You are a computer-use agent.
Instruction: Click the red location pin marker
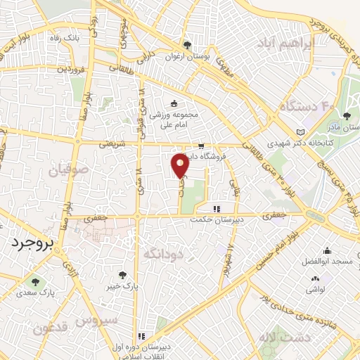pyautogui.click(x=180, y=165)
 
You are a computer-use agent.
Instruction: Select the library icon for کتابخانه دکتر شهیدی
pyautogui.click(x=302, y=133)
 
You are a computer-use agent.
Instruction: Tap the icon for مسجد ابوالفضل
pyautogui.click(x=327, y=250)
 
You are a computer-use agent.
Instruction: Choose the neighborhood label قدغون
pyautogui.click(x=51, y=328)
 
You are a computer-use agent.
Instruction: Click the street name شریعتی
pyautogui.click(x=108, y=143)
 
